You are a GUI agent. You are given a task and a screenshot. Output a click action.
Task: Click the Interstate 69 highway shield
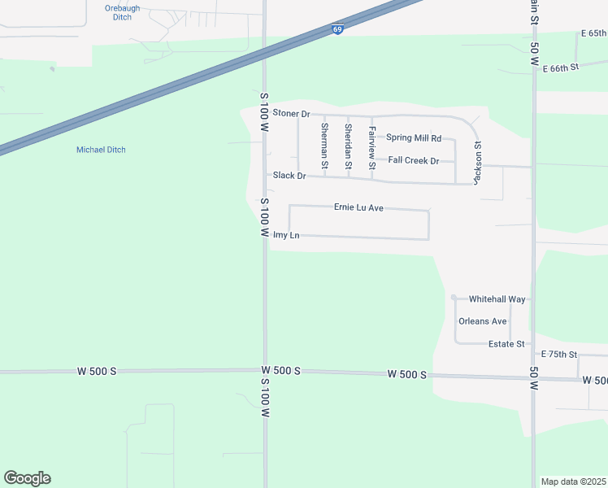point(337,29)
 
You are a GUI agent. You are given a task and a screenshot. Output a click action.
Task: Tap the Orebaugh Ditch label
point(123,12)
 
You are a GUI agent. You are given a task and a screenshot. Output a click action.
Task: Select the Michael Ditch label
point(101,150)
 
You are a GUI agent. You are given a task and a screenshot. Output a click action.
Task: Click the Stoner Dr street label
point(292,113)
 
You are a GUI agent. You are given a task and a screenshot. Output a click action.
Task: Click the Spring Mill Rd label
point(414,138)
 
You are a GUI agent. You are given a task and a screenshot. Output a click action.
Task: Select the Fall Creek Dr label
point(414,160)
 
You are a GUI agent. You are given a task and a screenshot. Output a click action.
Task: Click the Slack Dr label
point(289,176)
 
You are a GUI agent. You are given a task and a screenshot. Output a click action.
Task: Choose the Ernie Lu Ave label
point(358,207)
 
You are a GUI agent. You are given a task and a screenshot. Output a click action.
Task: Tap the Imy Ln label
point(286,235)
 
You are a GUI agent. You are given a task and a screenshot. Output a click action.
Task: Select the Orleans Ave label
point(483,321)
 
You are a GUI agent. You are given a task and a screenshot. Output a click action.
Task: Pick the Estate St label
point(506,344)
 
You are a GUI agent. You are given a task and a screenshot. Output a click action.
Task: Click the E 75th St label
point(559,355)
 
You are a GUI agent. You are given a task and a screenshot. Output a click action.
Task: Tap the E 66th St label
point(559,68)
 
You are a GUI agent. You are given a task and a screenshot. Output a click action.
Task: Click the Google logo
point(27,478)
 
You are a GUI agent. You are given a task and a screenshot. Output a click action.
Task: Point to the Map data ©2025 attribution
point(574,481)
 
